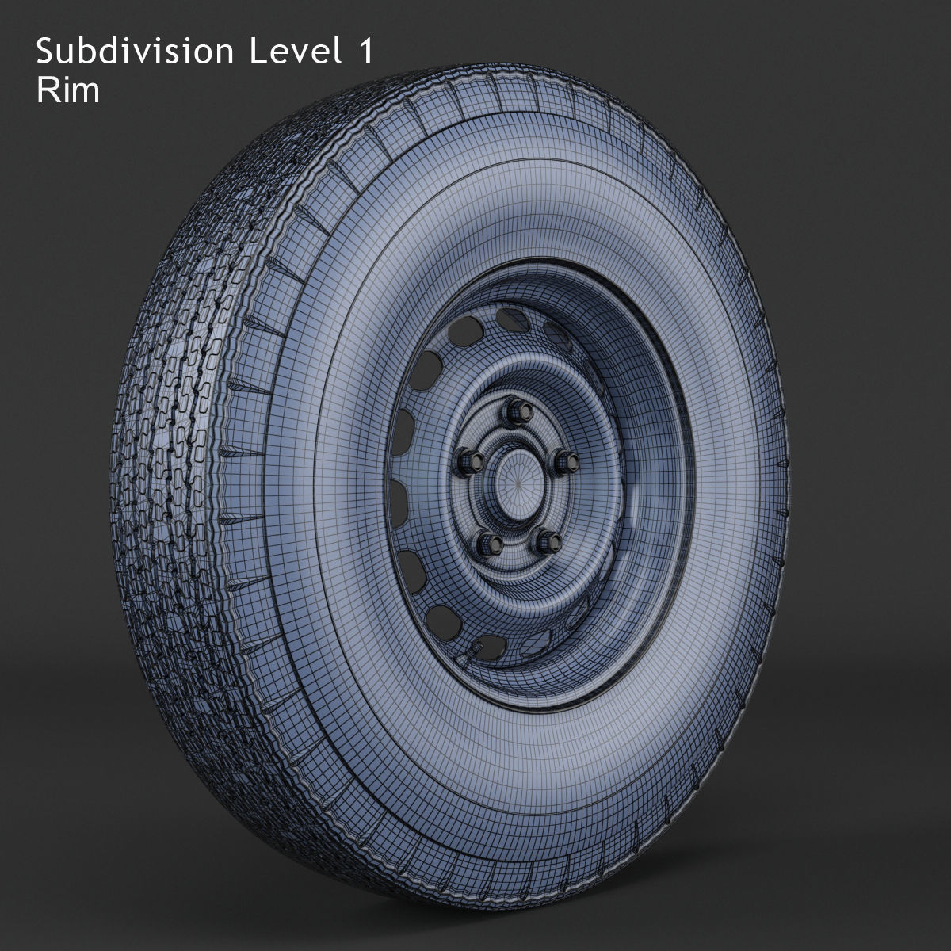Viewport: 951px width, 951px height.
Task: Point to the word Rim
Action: (x=68, y=91)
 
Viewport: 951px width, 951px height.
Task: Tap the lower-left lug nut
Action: (x=487, y=544)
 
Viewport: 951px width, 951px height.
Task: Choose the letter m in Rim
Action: (x=86, y=94)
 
